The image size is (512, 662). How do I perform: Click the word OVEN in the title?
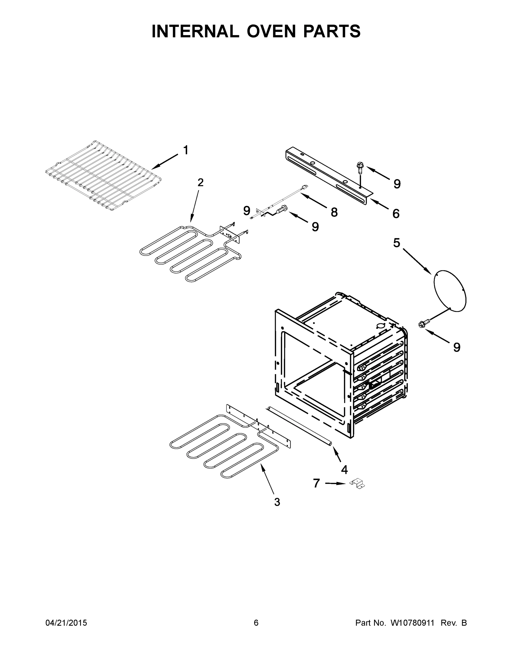(270, 31)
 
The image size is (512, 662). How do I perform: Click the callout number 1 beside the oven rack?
(186, 150)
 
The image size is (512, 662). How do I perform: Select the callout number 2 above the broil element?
(200, 183)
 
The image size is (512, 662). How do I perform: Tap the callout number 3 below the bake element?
(277, 502)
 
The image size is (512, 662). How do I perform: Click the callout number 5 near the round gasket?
(396, 243)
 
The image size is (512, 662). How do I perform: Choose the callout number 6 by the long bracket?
(396, 214)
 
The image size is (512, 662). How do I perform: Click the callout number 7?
(316, 483)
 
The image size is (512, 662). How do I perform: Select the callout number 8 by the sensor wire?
(334, 212)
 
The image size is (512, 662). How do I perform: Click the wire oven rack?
(103, 175)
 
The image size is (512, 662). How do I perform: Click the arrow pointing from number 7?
(335, 484)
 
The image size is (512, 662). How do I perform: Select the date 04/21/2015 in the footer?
(66, 623)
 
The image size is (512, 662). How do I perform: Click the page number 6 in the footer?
(256, 623)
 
